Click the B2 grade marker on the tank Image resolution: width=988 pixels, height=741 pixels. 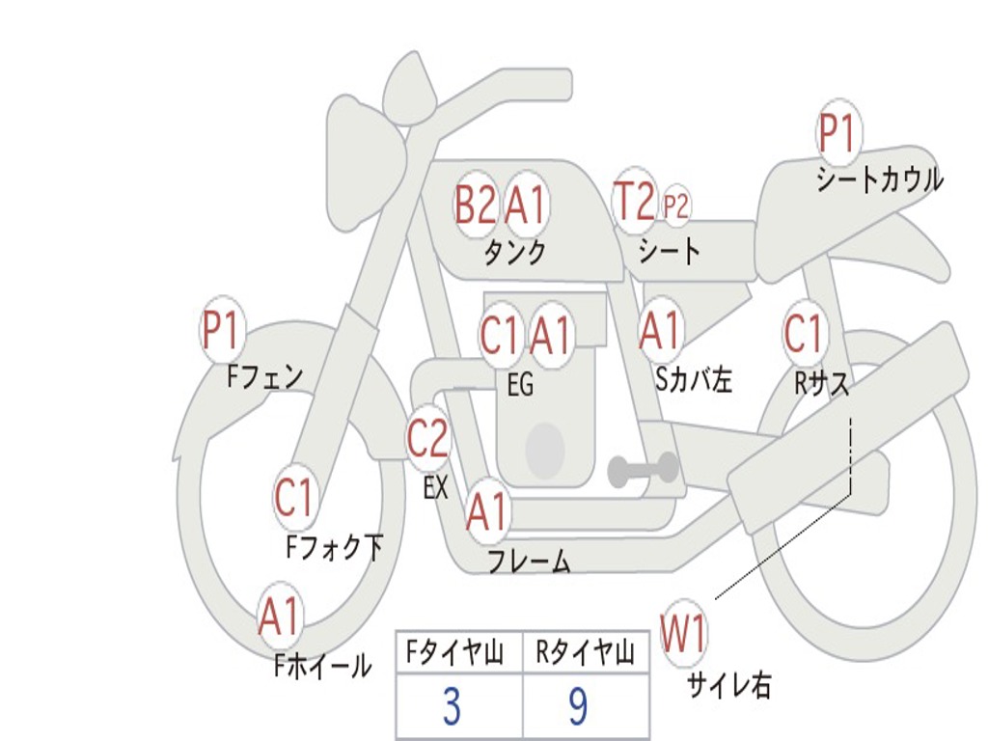point(475,205)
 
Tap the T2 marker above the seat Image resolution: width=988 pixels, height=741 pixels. point(634,202)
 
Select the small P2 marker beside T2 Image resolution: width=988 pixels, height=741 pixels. point(676,206)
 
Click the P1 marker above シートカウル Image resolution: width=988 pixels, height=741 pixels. point(838,134)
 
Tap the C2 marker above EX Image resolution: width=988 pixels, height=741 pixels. point(428,440)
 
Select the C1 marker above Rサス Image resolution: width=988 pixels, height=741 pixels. point(803,334)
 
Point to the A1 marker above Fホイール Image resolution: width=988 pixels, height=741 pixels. point(280,617)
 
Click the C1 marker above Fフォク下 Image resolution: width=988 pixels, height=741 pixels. point(294,498)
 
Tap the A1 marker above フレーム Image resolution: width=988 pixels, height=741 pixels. point(487,512)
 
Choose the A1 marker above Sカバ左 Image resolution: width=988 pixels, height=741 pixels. point(661,331)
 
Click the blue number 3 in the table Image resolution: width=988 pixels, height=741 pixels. point(452,707)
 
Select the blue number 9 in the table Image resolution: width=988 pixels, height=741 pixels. point(578,707)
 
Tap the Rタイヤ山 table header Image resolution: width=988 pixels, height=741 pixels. point(585,654)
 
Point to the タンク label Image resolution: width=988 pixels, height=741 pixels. point(514,253)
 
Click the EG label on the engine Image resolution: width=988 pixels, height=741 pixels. point(520,385)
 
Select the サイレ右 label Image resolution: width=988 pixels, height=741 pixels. point(729,685)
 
